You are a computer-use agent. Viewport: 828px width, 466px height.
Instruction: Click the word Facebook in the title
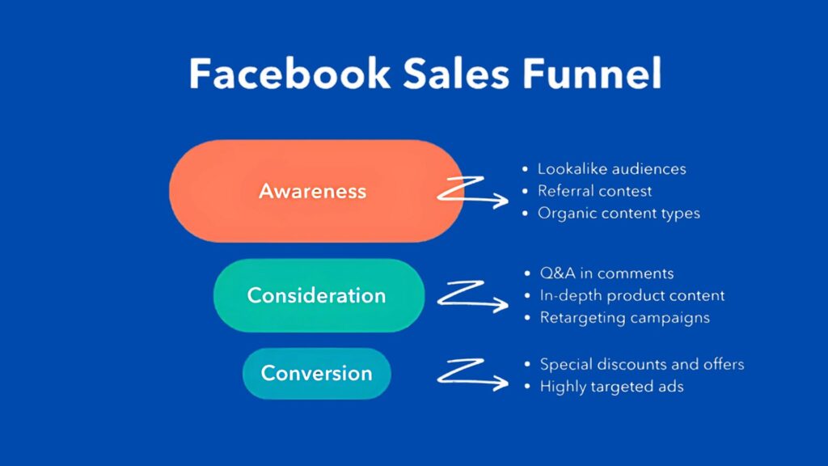(x=289, y=73)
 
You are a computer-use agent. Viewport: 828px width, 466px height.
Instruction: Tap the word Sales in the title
(x=456, y=73)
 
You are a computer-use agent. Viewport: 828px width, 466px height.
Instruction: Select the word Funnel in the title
(x=592, y=73)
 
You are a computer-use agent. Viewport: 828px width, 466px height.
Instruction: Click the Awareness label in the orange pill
(x=313, y=191)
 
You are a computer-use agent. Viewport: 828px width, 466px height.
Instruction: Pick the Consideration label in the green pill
(x=316, y=295)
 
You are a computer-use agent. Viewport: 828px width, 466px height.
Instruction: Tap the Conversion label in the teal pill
(x=317, y=373)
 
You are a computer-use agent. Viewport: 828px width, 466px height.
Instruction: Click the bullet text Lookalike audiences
(x=612, y=169)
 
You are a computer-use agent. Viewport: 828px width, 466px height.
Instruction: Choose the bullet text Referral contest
(x=594, y=191)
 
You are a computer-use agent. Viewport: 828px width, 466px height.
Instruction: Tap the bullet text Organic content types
(x=619, y=214)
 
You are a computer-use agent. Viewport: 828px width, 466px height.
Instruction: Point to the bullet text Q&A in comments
(x=606, y=273)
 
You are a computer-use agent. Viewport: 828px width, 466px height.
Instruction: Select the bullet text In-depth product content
(x=632, y=295)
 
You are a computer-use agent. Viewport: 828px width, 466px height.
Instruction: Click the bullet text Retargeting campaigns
(x=625, y=318)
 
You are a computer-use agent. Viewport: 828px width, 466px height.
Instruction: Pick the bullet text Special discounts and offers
(x=642, y=364)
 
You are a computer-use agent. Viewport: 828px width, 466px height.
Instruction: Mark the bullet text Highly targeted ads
(x=611, y=387)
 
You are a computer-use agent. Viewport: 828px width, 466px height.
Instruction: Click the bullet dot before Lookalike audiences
(x=525, y=169)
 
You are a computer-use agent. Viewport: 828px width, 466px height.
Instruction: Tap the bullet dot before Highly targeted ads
(x=527, y=387)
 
